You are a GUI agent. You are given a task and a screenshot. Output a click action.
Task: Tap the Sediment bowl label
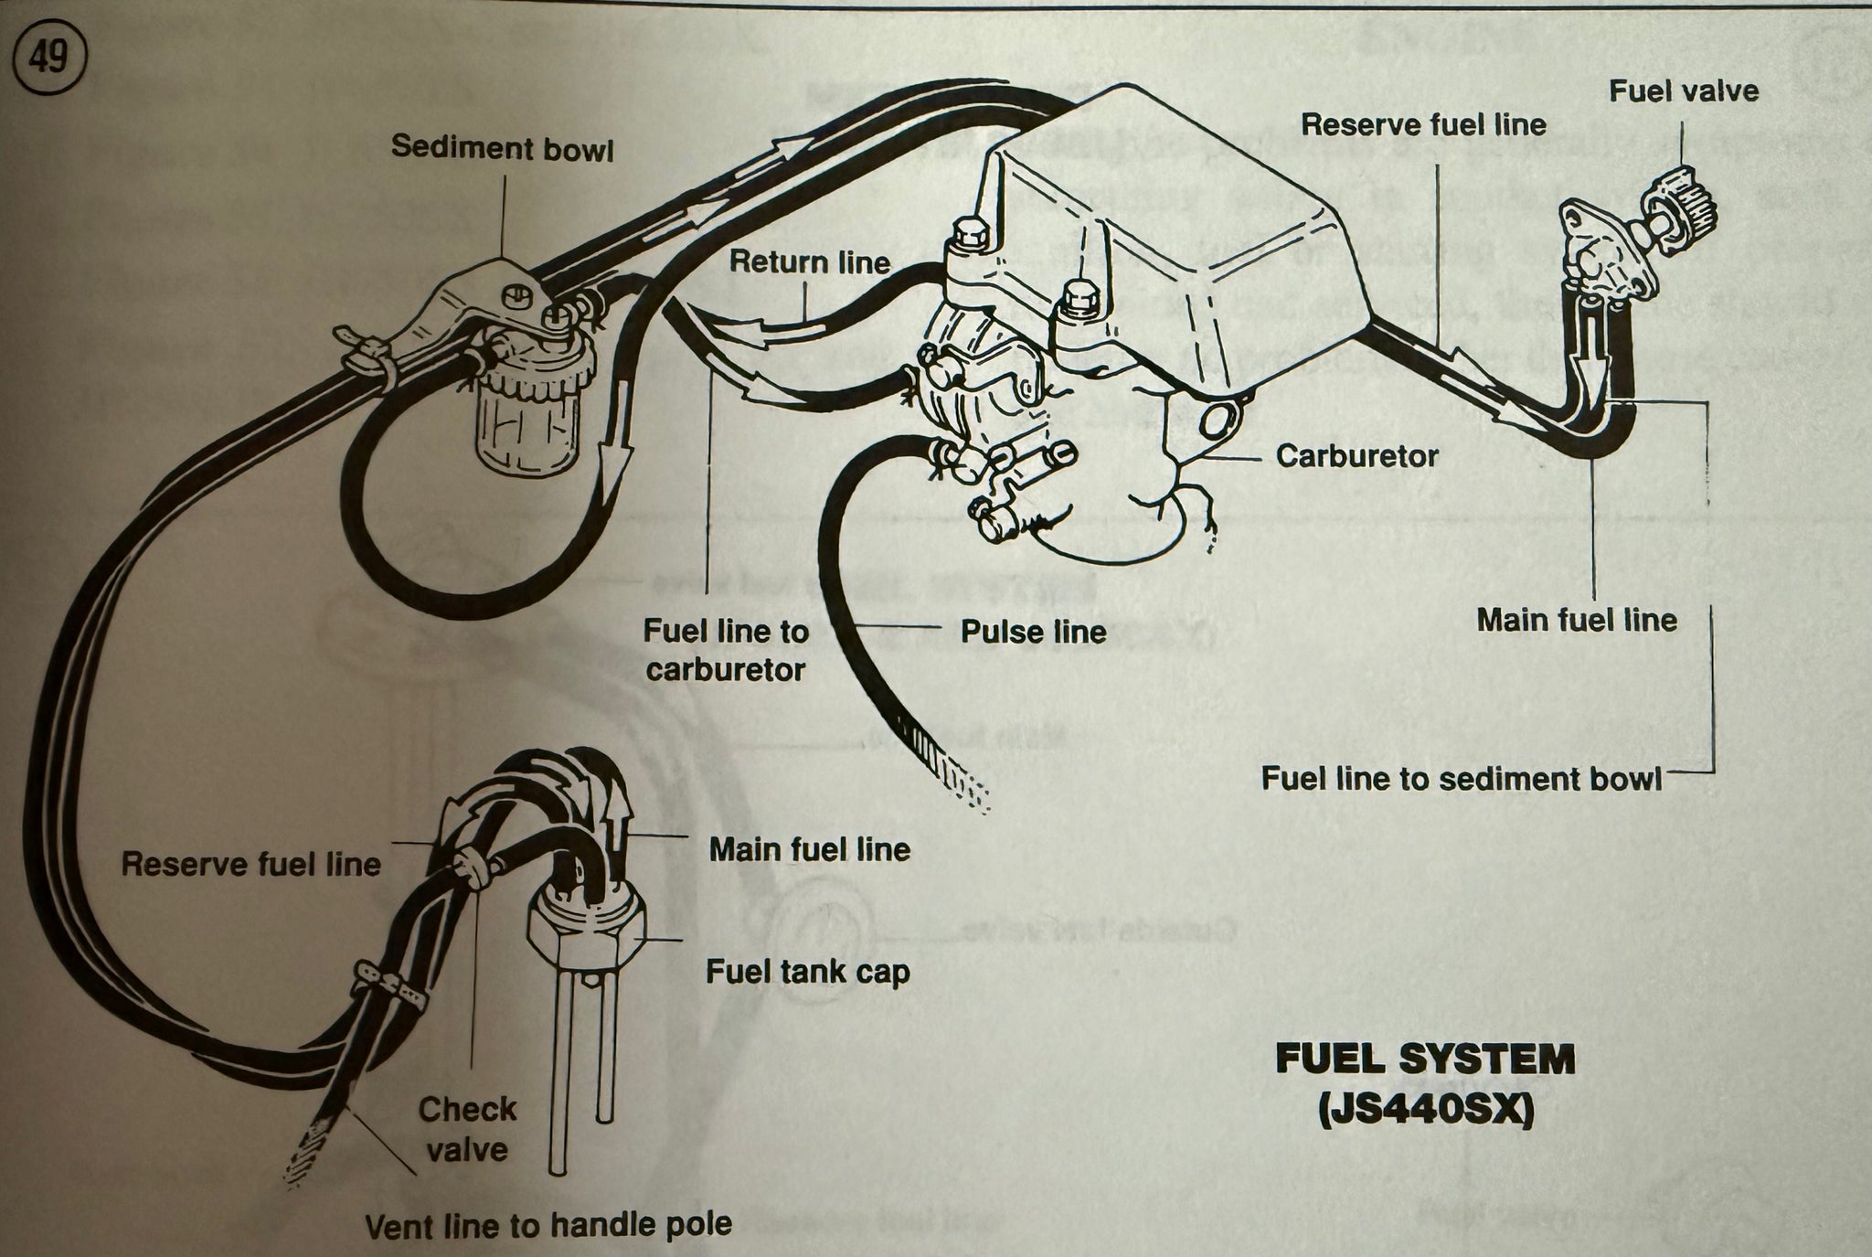click(502, 148)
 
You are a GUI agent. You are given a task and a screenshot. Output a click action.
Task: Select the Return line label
click(809, 263)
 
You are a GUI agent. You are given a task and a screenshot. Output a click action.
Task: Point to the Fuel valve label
click(1684, 91)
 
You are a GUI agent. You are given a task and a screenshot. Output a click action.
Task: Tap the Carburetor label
click(1356, 455)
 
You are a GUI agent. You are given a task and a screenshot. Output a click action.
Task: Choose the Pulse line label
click(1033, 632)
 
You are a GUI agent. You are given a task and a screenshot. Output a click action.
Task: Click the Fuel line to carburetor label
click(726, 650)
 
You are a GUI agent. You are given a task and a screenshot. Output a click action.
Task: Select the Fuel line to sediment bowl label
click(1461, 779)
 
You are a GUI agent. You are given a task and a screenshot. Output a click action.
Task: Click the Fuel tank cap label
click(807, 972)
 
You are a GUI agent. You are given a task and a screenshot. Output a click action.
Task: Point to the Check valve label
click(467, 1129)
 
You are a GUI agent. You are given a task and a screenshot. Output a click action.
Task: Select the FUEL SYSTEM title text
click(1425, 1060)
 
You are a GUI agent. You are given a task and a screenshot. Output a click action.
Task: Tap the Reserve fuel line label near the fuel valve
click(1423, 125)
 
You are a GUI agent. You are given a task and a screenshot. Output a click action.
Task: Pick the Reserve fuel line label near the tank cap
click(250, 865)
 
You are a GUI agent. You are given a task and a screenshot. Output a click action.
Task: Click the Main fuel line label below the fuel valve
click(1577, 621)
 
